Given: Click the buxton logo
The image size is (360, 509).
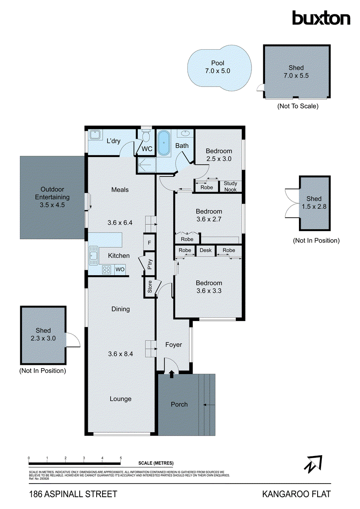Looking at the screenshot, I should [321, 18].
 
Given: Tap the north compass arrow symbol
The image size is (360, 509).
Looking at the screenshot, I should [313, 464].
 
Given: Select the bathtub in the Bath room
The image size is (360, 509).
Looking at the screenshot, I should [163, 143].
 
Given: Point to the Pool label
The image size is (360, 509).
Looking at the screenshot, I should [218, 63].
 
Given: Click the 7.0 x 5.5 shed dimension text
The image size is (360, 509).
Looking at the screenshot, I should [296, 75].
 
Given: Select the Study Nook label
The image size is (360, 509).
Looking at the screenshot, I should [230, 187].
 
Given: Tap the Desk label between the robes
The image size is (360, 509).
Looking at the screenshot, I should [206, 250].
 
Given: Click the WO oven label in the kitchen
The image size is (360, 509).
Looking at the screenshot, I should [120, 269].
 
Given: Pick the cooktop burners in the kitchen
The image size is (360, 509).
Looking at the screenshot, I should [107, 269].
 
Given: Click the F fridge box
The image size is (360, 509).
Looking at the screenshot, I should [149, 243].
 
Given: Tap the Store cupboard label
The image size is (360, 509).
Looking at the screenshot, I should [150, 287].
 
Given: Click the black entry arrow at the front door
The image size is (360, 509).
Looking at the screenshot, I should [171, 374].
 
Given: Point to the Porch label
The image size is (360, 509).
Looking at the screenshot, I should [179, 404].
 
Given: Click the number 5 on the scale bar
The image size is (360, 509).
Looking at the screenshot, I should [121, 458].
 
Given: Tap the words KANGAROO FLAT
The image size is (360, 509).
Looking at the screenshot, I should [296, 494].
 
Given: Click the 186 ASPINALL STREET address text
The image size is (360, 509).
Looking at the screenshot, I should [73, 494].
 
